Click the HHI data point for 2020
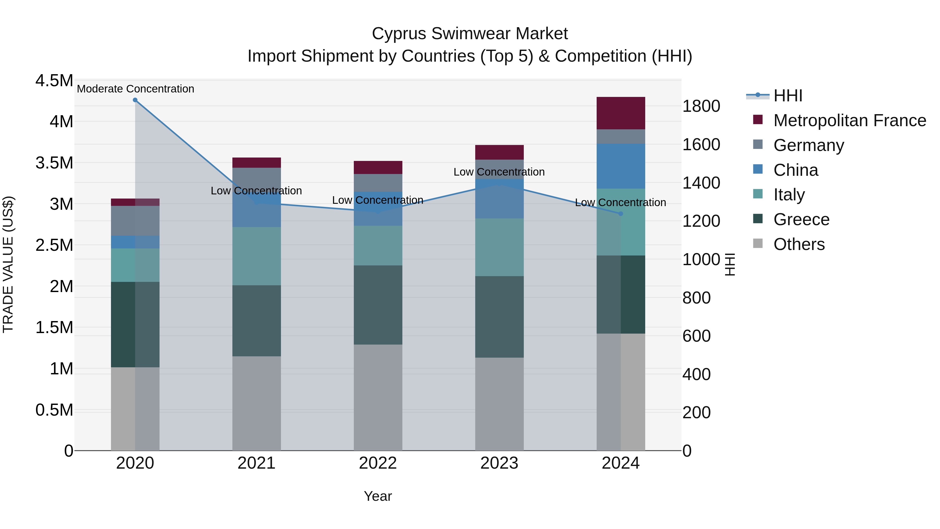coord(135,100)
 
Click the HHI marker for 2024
coord(621,214)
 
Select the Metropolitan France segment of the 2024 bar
coord(621,113)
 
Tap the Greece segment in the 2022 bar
coord(378,305)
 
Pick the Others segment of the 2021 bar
coord(256,403)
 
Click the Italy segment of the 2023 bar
coord(499,247)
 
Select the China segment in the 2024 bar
coord(621,166)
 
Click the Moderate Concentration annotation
coord(135,89)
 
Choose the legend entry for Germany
coord(809,145)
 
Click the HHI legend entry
coord(788,96)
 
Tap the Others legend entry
coord(799,244)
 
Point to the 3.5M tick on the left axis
coord(54,163)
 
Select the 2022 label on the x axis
coord(378,463)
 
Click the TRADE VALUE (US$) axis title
coord(8,264)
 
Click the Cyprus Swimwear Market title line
coord(470,34)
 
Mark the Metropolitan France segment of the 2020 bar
coord(135,202)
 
